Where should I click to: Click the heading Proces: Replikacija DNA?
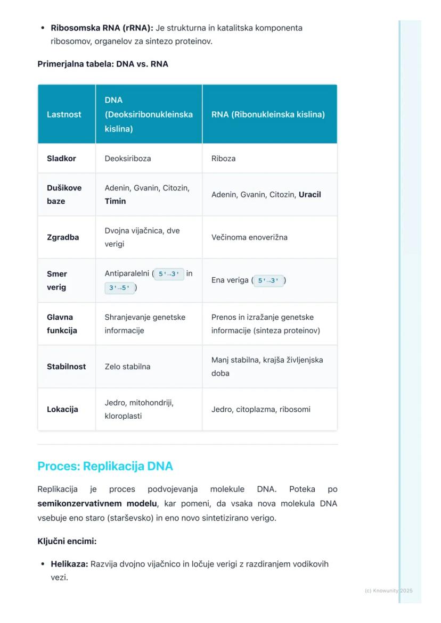105,466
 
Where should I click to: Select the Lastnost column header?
64,114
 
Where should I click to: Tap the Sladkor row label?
61,159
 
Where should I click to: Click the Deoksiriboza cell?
128,159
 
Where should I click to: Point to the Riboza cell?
223,159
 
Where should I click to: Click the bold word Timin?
115,201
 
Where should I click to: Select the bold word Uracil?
309,195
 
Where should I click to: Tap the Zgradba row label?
63,237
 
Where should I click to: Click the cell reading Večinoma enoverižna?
249,237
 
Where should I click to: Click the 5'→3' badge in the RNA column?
268,280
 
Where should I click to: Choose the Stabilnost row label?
66,367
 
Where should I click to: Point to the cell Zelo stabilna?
127,367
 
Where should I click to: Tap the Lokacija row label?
62,409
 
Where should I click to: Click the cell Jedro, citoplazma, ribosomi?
260,409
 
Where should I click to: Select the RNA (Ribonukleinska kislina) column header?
268,114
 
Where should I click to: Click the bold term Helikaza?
69,564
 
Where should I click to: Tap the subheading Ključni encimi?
67,541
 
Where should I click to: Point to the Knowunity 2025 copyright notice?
388,591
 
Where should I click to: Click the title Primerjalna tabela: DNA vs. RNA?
103,64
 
